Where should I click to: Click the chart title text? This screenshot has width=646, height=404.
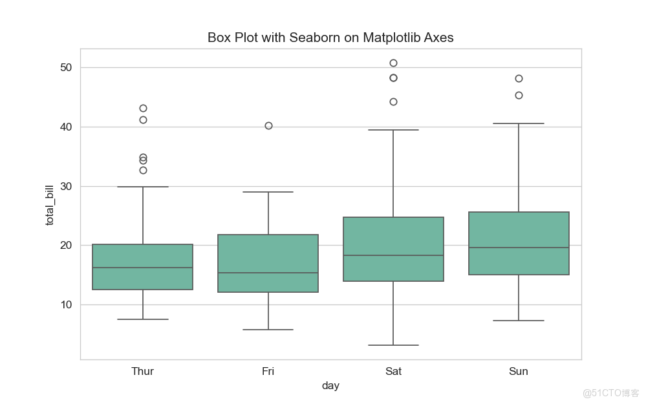click(330, 37)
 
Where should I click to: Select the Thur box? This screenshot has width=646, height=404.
click(143, 267)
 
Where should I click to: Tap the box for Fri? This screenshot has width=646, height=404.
click(268, 263)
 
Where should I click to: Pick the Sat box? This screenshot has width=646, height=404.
click(393, 249)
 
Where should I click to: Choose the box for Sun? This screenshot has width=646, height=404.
click(519, 243)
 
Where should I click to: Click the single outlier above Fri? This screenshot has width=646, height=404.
click(268, 125)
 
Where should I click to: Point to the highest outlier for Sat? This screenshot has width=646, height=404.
click(393, 63)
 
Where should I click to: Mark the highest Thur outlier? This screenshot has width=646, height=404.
click(143, 108)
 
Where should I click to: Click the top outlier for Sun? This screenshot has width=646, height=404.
click(519, 78)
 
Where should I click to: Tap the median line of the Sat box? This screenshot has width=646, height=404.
click(393, 255)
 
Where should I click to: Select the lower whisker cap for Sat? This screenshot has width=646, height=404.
click(393, 345)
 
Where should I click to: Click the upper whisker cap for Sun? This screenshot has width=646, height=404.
click(519, 123)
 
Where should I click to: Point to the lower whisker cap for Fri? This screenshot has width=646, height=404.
click(268, 330)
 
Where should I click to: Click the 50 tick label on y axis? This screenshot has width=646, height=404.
click(67, 68)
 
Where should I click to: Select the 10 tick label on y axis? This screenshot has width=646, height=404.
click(67, 304)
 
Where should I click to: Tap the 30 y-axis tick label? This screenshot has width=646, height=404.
click(67, 186)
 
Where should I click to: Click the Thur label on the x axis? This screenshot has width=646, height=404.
click(143, 371)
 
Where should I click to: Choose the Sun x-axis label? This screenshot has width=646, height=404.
click(519, 371)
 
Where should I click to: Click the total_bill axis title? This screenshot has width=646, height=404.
click(50, 204)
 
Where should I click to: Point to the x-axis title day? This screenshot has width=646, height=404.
click(330, 386)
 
